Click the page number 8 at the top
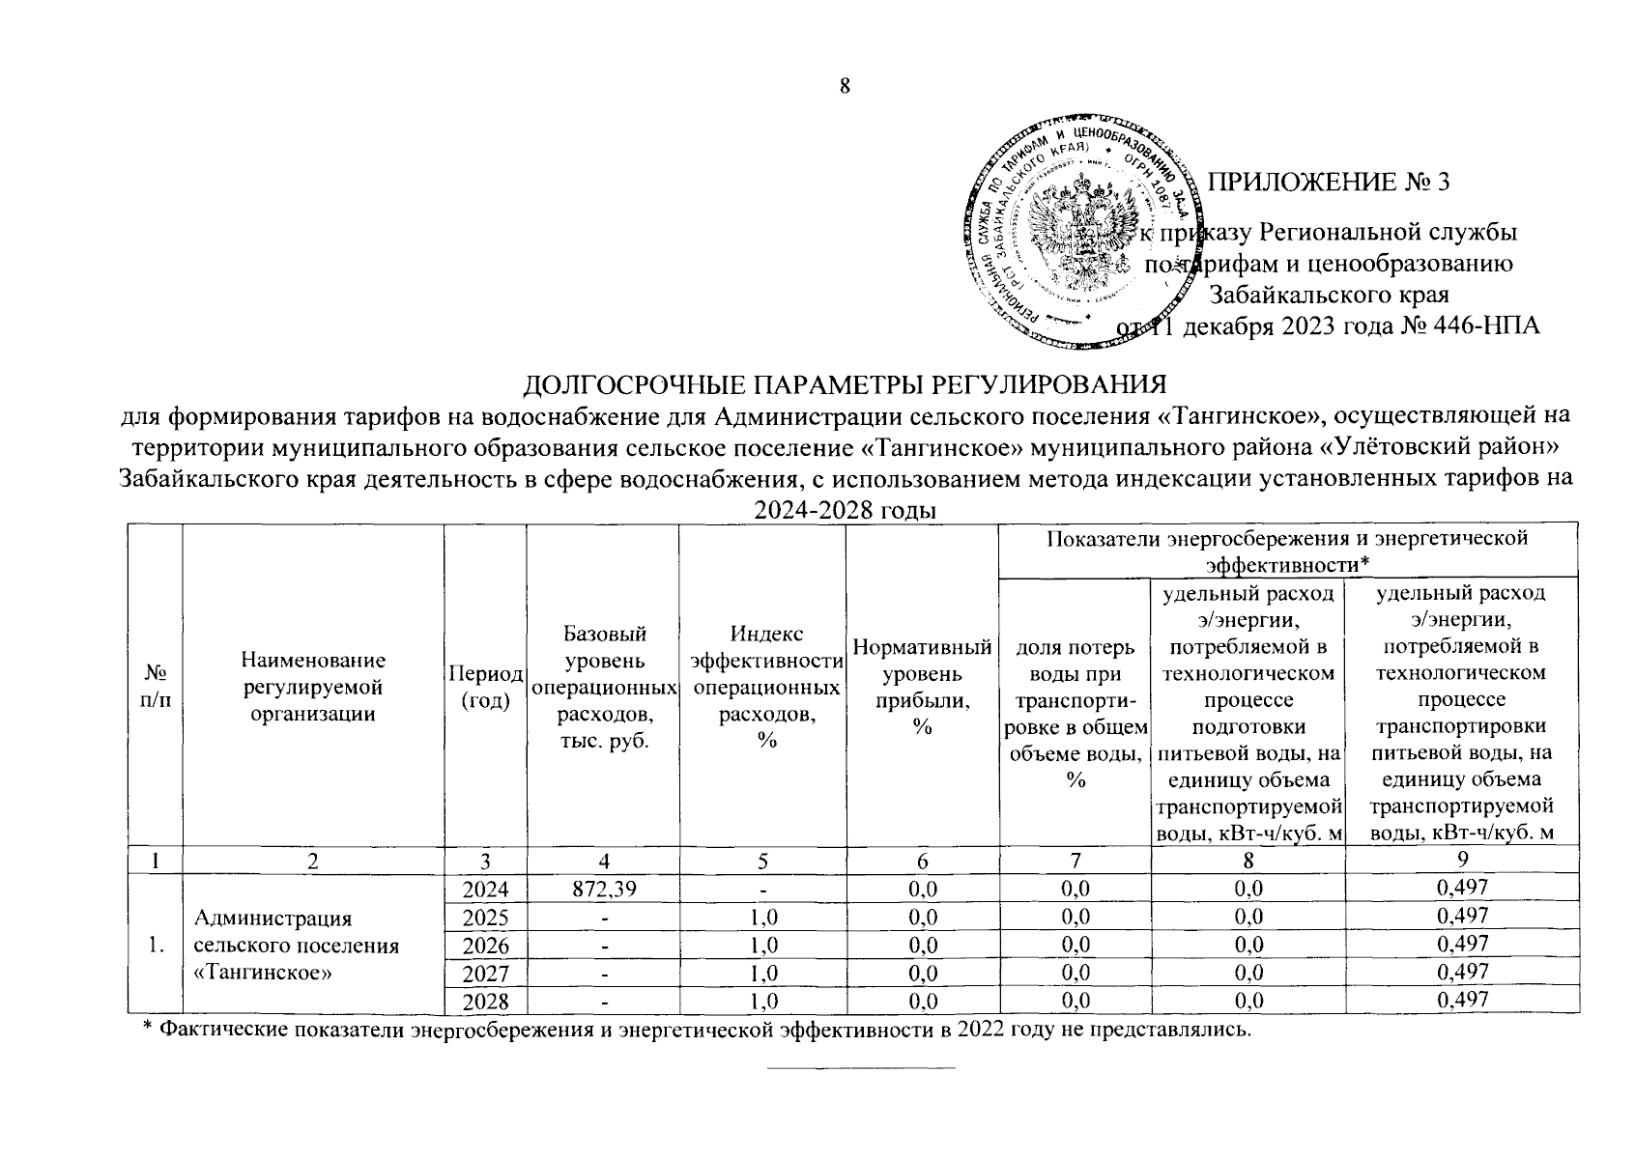844,86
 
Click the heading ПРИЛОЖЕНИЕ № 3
1330,182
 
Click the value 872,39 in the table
603,888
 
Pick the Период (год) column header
485,687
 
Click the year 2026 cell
485,943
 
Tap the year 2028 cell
485,1000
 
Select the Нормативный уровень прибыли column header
922,687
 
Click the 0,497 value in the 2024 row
1462,888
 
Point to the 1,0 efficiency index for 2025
762,916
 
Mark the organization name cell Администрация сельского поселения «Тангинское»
297,945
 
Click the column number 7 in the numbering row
1074,861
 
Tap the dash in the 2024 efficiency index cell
762,888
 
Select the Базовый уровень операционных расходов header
603,687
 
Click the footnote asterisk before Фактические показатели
148,1031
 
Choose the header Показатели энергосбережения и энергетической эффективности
1287,550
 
